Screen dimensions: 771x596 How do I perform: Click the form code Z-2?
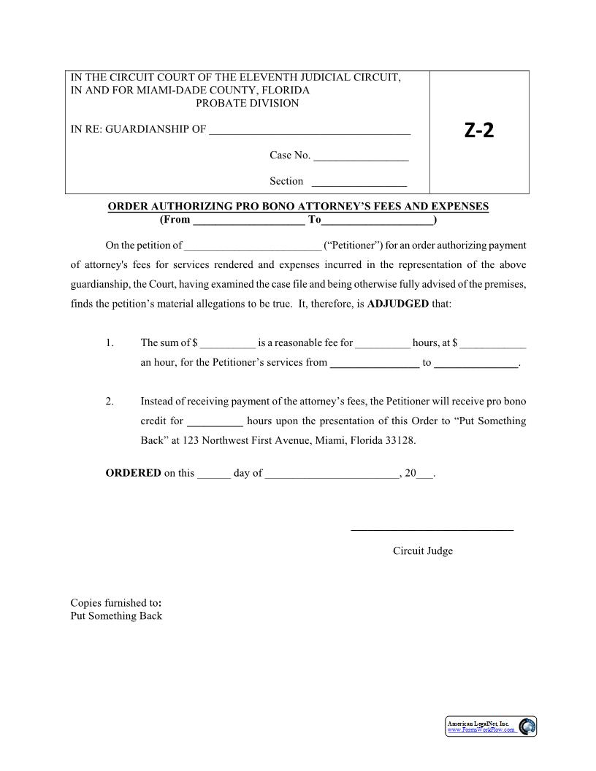point(479,131)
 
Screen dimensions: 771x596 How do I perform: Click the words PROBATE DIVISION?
point(248,103)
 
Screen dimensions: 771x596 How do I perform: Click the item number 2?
point(110,402)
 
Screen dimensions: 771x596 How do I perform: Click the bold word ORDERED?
point(133,473)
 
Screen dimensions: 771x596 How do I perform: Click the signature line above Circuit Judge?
point(432,529)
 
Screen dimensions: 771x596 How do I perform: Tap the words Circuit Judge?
point(422,551)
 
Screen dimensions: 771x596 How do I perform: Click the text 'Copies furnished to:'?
point(115,603)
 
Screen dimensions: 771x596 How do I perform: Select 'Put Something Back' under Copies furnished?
point(115,615)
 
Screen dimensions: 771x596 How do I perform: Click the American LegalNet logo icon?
point(527,726)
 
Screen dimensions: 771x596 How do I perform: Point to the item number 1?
point(110,342)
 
